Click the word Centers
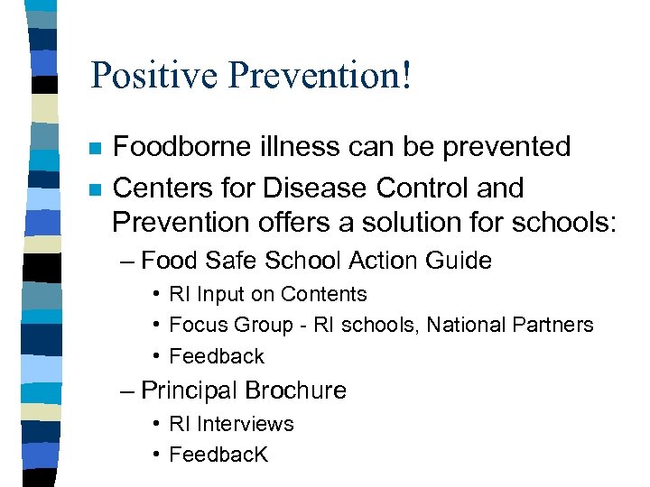pyautogui.click(x=161, y=188)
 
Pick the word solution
pyautogui.click(x=402, y=222)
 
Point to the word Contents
pyautogui.click(x=324, y=295)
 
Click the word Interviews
pyautogui.click(x=246, y=424)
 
